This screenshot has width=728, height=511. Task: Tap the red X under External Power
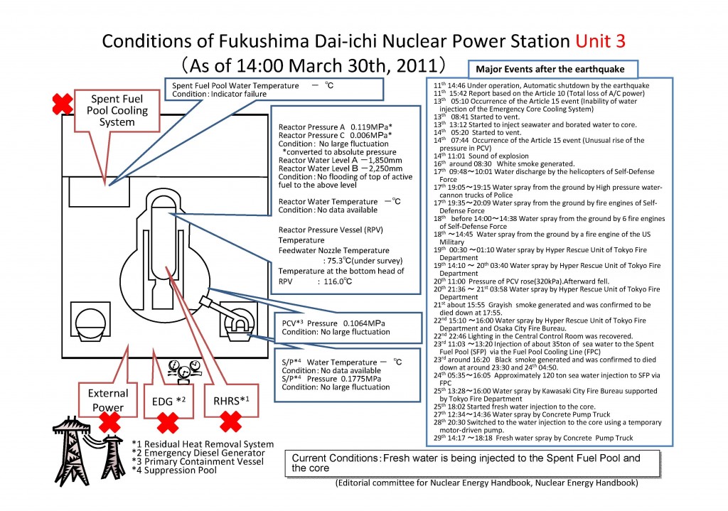(x=109, y=422)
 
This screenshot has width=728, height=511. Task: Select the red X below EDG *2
(x=168, y=424)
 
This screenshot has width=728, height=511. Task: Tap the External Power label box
(x=108, y=399)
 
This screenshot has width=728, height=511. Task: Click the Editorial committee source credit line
(x=486, y=483)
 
